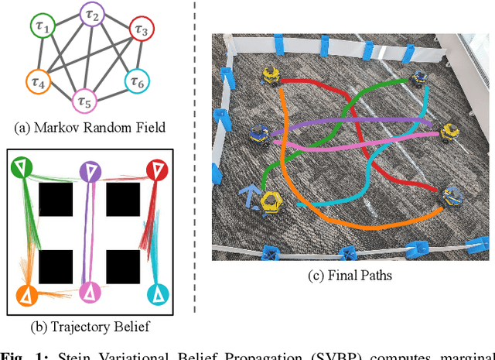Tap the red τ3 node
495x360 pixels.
click(x=141, y=30)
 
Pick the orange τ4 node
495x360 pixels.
click(x=37, y=80)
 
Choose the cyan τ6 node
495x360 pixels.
click(x=137, y=80)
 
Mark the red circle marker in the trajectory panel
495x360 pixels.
click(x=157, y=169)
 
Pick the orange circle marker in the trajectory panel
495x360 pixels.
click(x=26, y=295)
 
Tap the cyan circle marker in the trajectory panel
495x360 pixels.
click(x=157, y=293)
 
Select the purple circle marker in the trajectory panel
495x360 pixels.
click(x=91, y=171)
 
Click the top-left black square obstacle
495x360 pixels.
click(x=56, y=200)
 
